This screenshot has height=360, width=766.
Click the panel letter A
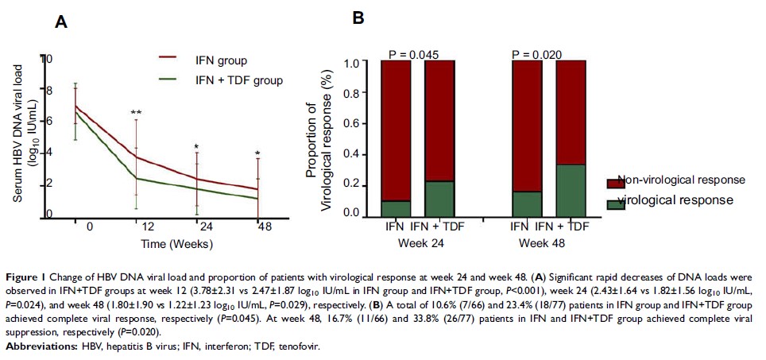coord(60,25)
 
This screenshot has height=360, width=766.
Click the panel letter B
coord(358,17)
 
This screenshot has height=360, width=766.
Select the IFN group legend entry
coord(221,60)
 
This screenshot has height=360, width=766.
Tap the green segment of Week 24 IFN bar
coord(397,207)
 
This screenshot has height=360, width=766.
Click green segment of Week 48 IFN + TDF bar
coord(571,190)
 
